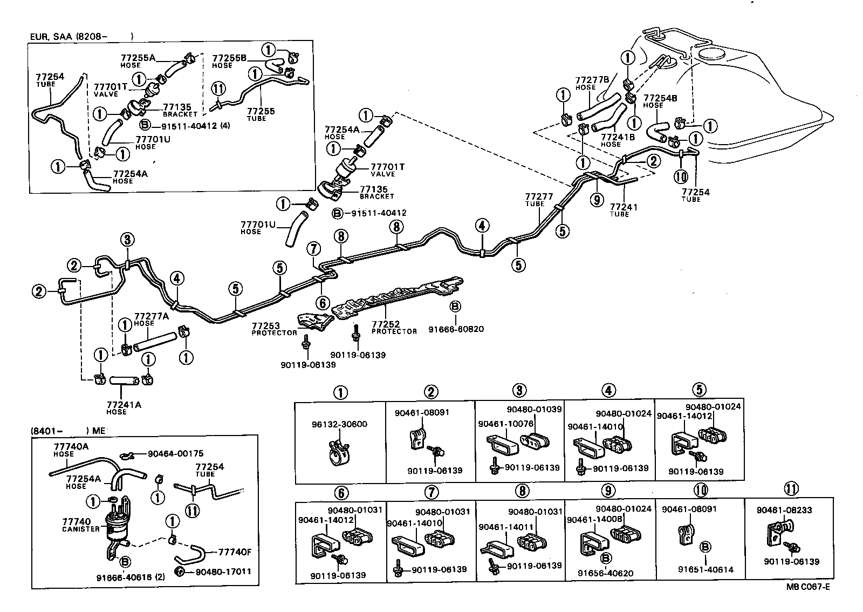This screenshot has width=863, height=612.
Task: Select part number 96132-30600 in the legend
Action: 340,424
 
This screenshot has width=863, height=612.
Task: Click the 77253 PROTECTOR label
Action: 274,329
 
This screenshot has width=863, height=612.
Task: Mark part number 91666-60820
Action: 456,329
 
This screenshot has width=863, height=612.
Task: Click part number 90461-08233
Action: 784,510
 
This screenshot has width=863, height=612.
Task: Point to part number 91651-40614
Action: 706,569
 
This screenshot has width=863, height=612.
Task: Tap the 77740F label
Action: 234,552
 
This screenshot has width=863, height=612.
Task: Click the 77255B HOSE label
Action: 229,60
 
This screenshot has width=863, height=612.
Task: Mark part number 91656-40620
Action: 606,574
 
